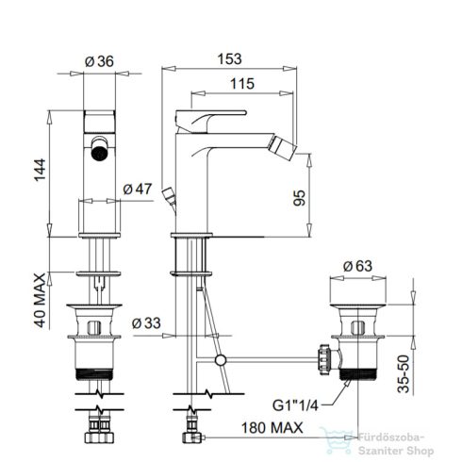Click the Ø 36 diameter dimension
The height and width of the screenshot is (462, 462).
[x=100, y=62]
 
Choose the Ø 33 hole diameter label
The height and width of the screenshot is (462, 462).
[x=148, y=322]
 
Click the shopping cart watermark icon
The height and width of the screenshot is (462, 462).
[x=333, y=436]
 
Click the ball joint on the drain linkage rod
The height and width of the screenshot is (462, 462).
[x=221, y=360]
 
